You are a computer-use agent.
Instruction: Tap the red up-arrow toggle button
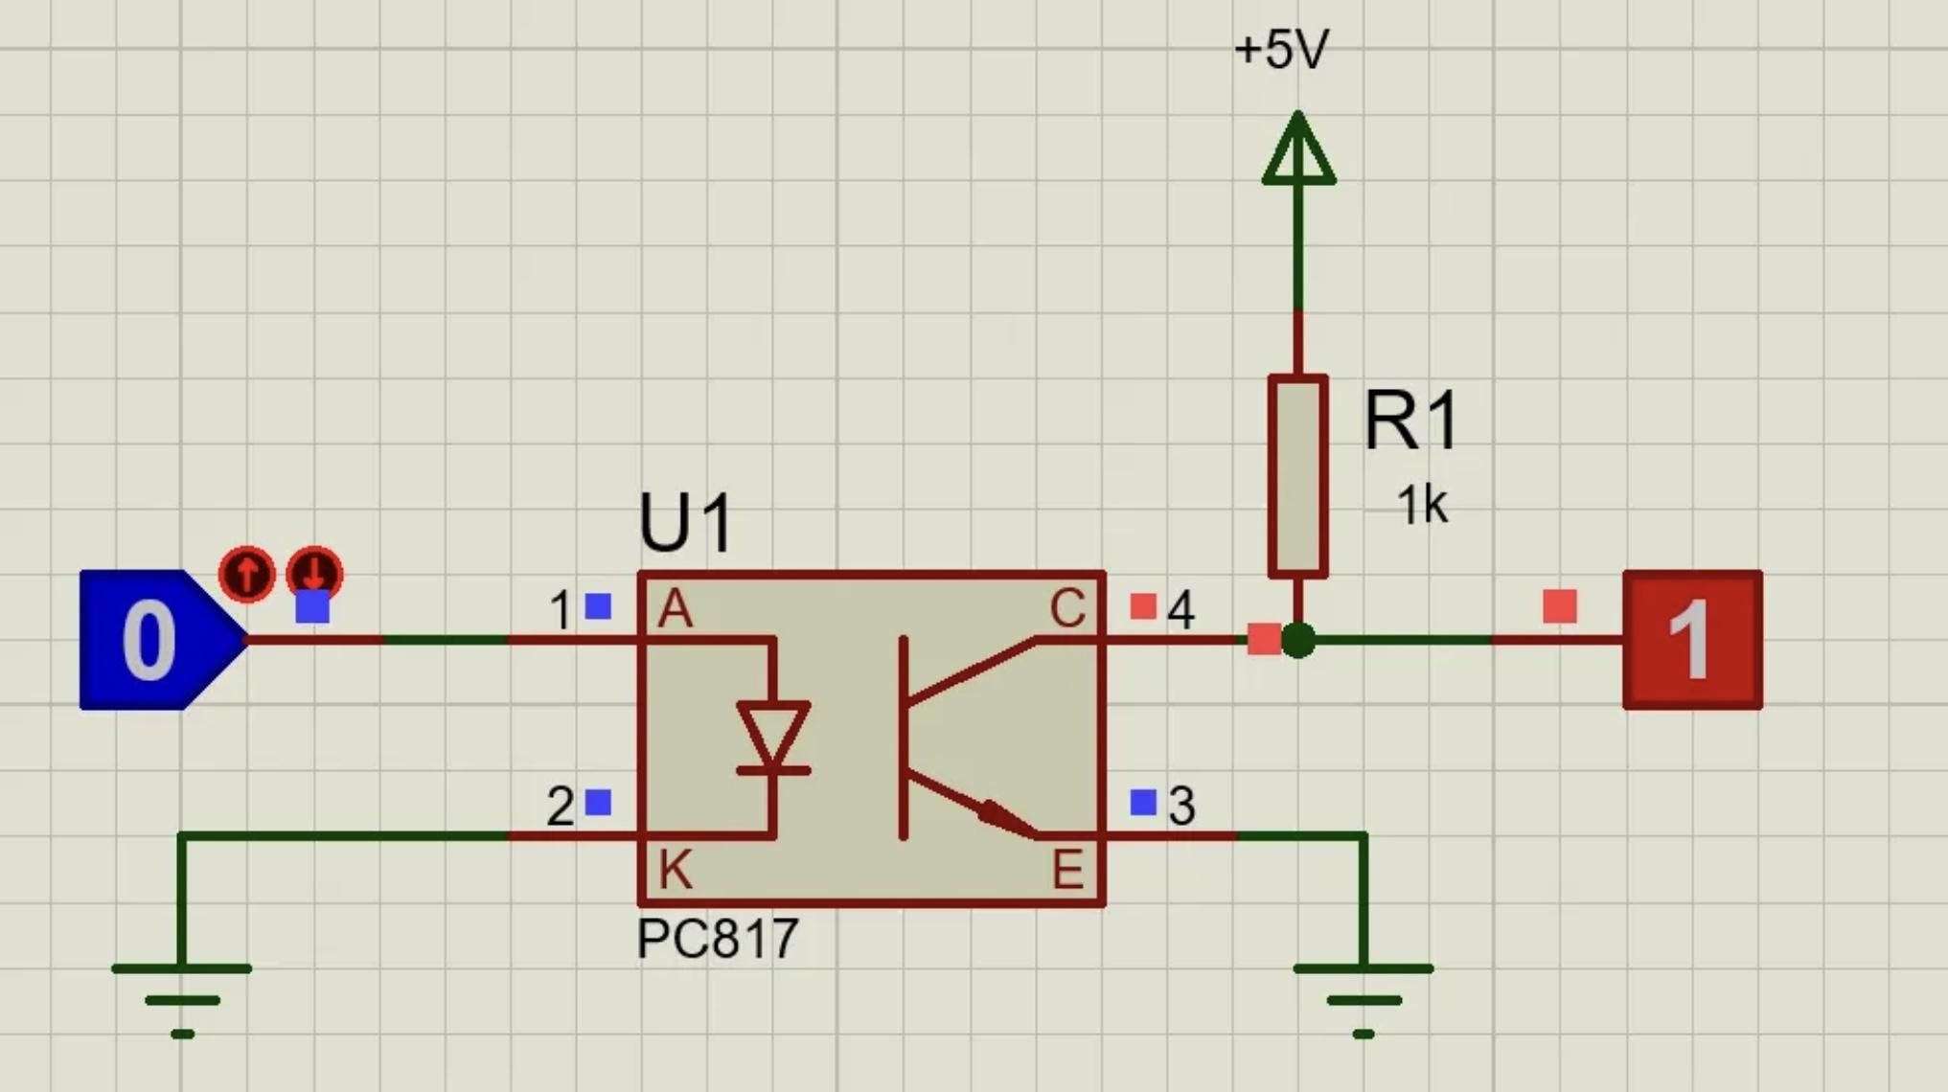[247, 574]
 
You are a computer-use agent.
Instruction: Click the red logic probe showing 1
[1692, 640]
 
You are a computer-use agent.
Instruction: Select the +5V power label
[1281, 50]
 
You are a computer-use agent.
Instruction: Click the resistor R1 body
[1297, 476]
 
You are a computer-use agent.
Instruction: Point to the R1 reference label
[1410, 421]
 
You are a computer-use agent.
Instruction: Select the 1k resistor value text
[1421, 505]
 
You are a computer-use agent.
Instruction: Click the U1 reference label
[686, 523]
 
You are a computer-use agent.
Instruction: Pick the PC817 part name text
[717, 939]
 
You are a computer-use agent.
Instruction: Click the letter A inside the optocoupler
[675, 609]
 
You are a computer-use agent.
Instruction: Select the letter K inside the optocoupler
[675, 870]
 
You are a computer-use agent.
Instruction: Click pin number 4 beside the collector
[1180, 610]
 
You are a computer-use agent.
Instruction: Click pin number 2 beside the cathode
[560, 807]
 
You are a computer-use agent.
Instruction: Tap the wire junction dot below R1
[1298, 640]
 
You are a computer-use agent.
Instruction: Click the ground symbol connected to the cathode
[182, 996]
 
